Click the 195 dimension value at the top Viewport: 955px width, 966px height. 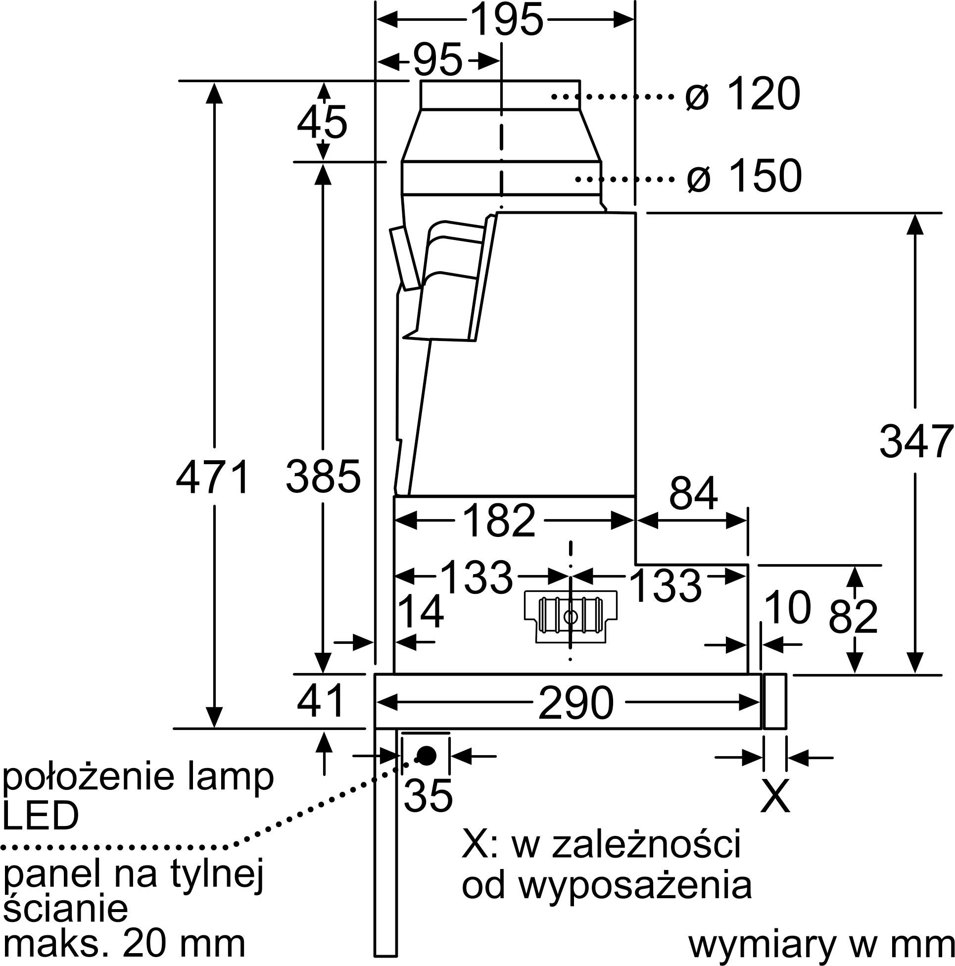click(x=507, y=19)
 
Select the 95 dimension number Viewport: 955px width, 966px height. click(x=438, y=60)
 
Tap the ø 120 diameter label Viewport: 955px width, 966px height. click(x=743, y=95)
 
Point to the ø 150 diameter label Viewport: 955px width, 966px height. click(x=744, y=176)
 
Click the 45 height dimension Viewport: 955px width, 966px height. click(x=323, y=123)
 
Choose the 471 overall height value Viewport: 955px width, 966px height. click(x=213, y=478)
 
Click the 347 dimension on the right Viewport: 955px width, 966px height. click(x=916, y=441)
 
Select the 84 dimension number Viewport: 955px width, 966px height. click(x=693, y=493)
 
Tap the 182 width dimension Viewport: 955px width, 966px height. click(x=499, y=521)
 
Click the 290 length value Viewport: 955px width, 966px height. click(x=576, y=703)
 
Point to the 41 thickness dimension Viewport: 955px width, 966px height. click(x=321, y=701)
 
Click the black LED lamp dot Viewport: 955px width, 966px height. click(x=426, y=756)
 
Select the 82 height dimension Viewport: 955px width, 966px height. click(x=853, y=618)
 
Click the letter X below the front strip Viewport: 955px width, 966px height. click(x=775, y=795)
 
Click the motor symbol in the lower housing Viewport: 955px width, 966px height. click(x=571, y=617)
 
